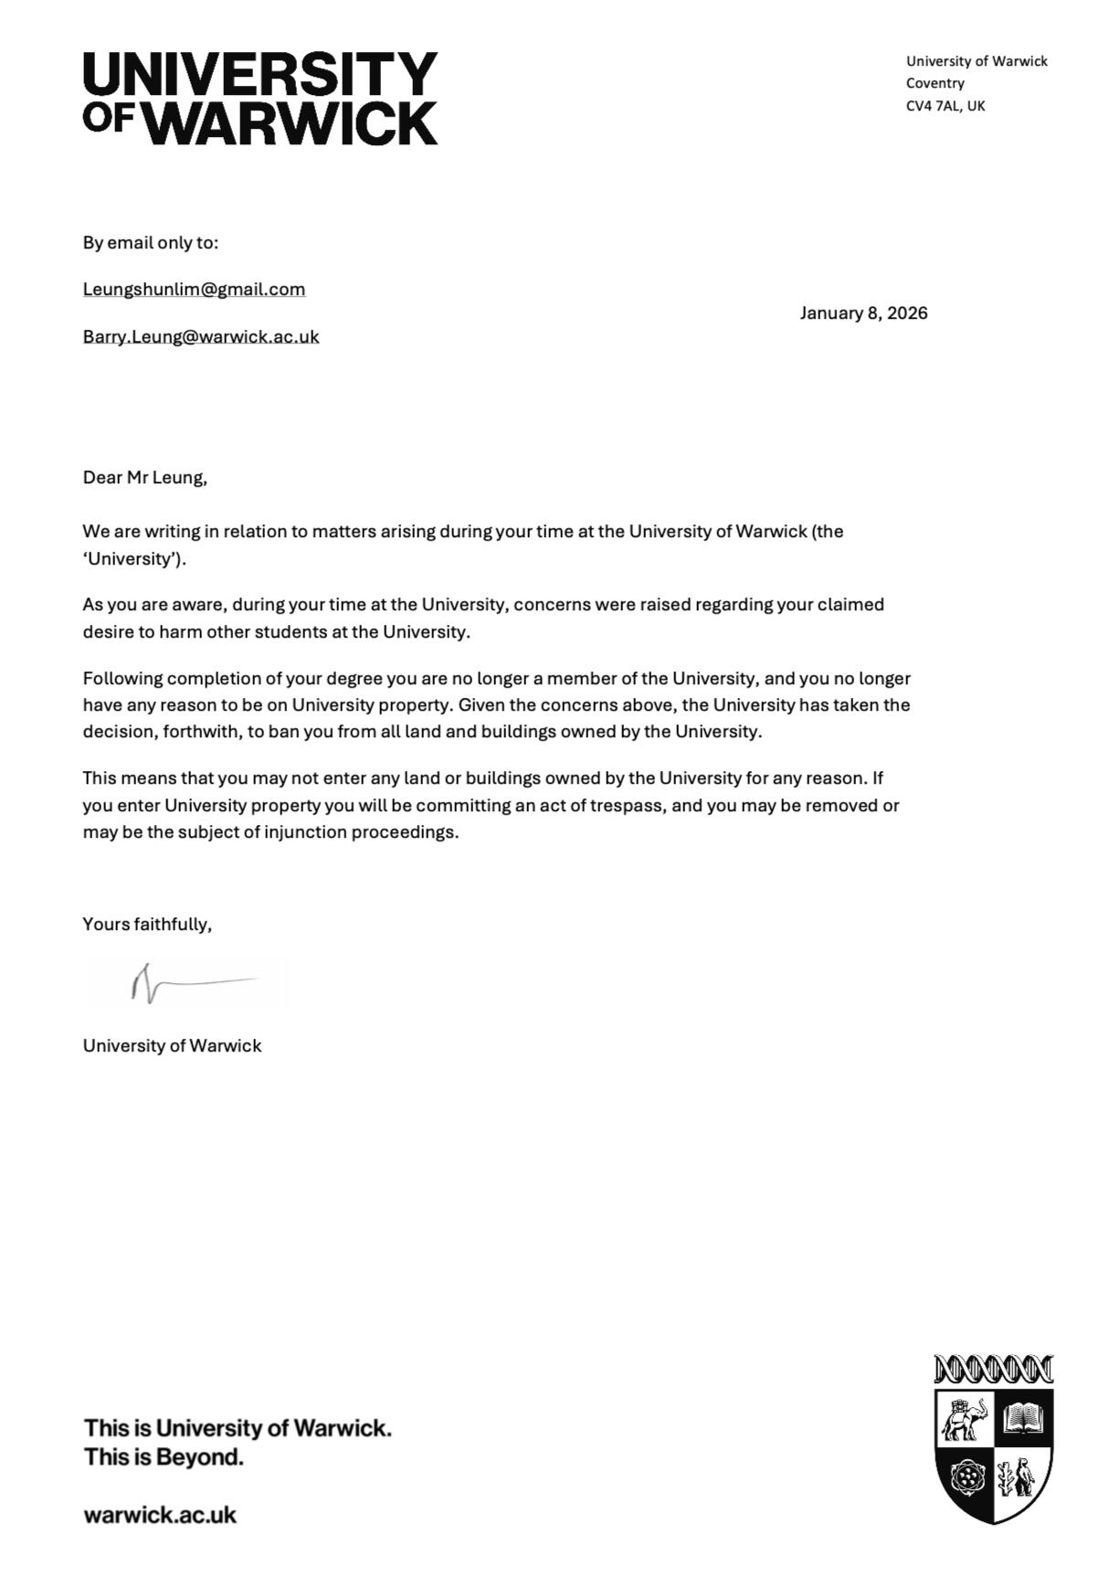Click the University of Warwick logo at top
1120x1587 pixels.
point(260,98)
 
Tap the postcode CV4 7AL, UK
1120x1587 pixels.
point(945,106)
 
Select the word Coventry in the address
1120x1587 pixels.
point(935,83)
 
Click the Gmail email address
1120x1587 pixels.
point(194,290)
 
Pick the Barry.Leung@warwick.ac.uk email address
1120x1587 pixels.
point(201,336)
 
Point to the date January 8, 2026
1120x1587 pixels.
point(863,313)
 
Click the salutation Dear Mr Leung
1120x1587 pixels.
point(144,477)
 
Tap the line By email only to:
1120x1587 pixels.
point(150,243)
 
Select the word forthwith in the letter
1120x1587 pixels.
point(201,732)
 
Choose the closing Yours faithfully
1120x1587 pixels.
point(146,924)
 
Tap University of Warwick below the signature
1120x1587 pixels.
point(172,1046)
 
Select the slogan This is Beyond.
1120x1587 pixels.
point(164,1456)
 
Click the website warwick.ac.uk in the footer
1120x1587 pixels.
point(160,1515)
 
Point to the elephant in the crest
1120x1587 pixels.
point(964,1419)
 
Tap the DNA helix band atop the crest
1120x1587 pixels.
point(993,1370)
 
